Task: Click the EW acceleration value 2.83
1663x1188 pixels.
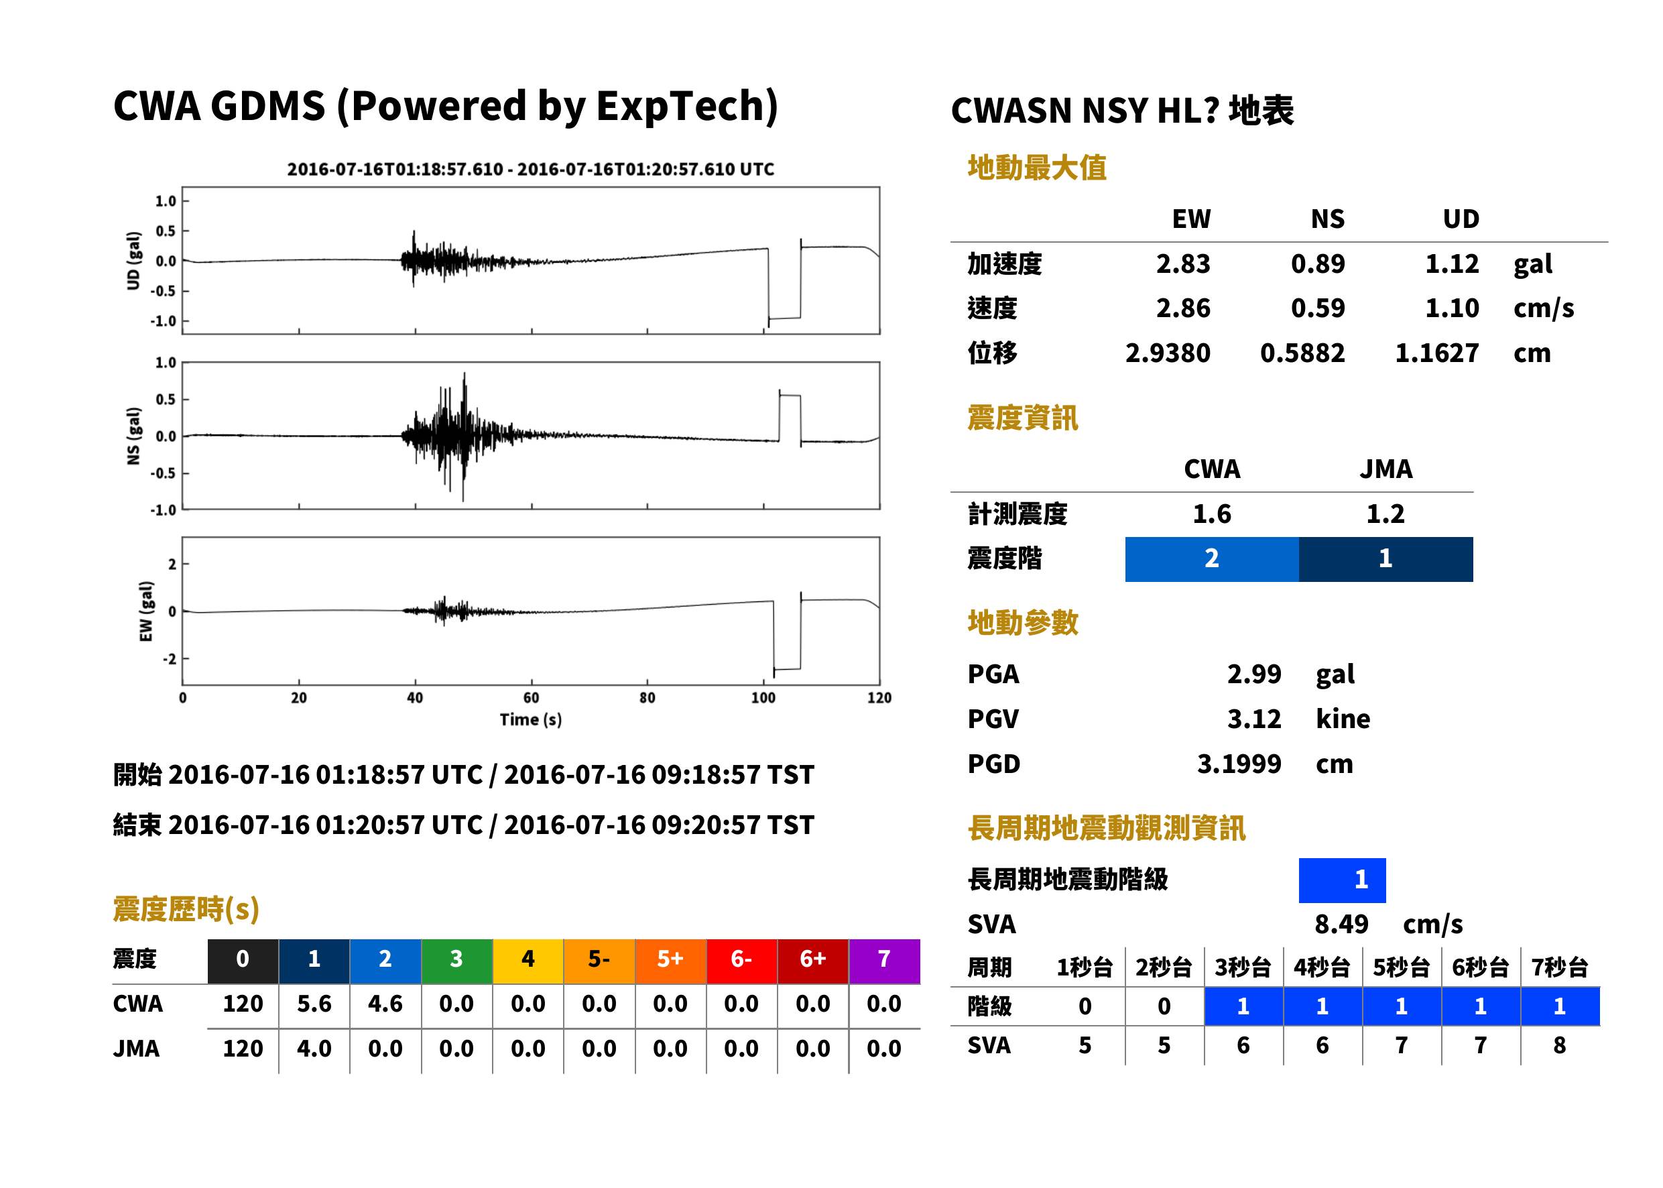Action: (1182, 264)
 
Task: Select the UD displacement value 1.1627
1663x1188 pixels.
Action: (1436, 353)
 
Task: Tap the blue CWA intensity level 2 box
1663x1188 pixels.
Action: (1212, 559)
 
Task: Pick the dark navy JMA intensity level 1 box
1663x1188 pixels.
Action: (1386, 559)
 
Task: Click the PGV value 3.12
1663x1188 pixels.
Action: (1254, 719)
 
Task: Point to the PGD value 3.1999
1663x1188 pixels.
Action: (1239, 764)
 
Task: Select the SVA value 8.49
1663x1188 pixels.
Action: (1341, 925)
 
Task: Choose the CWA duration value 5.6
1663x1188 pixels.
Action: (314, 1004)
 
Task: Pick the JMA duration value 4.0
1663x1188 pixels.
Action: (314, 1049)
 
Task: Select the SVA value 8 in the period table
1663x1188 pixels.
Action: (1559, 1046)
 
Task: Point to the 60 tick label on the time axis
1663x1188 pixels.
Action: (531, 698)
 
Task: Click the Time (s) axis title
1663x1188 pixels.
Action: (531, 720)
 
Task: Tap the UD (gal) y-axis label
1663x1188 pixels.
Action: (133, 261)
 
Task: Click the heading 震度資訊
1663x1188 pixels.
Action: (1022, 418)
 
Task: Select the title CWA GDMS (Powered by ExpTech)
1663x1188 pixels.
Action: (445, 107)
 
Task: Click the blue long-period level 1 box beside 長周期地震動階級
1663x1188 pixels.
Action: (1342, 880)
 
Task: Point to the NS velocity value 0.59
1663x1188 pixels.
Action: (1318, 308)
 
